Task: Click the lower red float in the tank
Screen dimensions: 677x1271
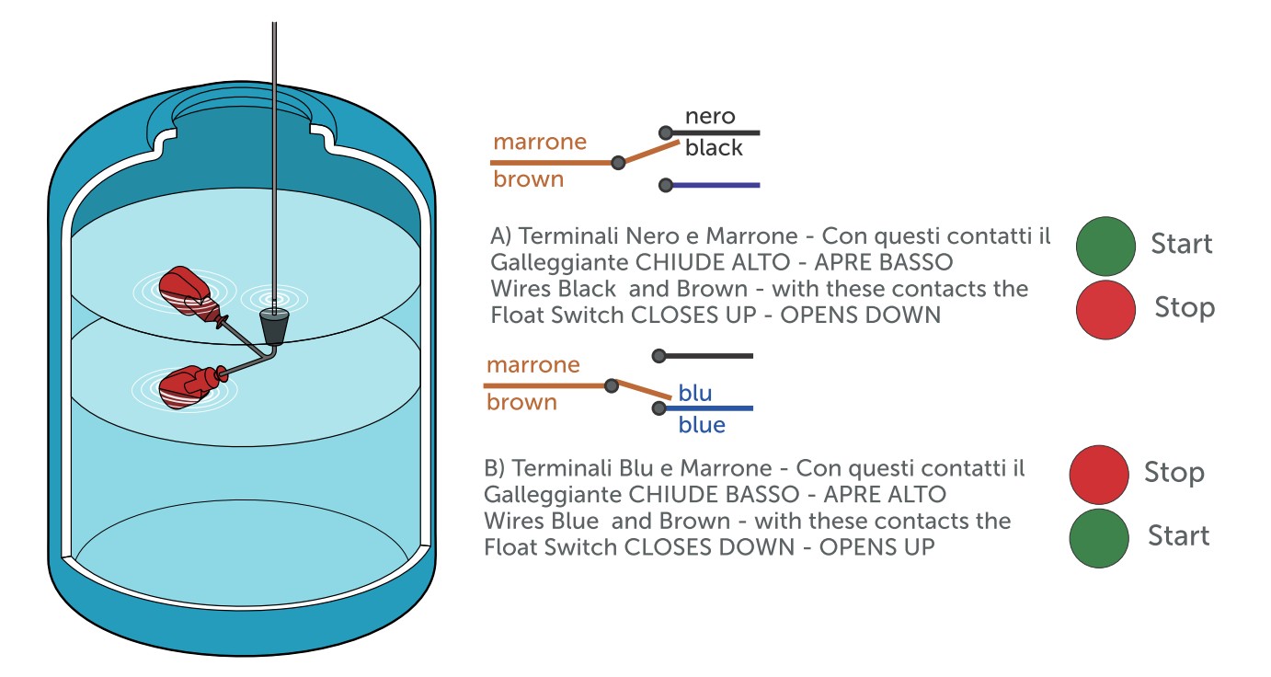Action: [x=187, y=385]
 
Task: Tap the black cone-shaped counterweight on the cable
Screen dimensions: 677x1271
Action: [x=273, y=326]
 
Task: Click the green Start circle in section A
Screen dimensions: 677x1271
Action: [x=1106, y=246]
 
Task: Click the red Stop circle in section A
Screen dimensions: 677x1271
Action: [x=1106, y=309]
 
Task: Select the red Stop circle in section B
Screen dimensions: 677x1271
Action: [x=1099, y=475]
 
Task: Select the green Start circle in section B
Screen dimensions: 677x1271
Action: [x=1099, y=538]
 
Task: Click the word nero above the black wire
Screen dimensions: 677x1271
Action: [x=710, y=116]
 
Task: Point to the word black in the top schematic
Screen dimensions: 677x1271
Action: [x=714, y=148]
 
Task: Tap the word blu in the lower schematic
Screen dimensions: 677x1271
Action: [x=695, y=393]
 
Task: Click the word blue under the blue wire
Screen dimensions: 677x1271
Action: [x=702, y=425]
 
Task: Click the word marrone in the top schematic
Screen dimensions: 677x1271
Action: [x=540, y=142]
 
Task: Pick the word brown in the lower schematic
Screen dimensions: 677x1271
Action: [x=521, y=403]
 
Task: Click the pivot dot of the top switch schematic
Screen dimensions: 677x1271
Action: [x=619, y=163]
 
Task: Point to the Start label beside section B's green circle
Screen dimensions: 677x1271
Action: [x=1178, y=535]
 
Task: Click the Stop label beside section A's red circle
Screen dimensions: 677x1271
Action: [x=1185, y=307]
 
